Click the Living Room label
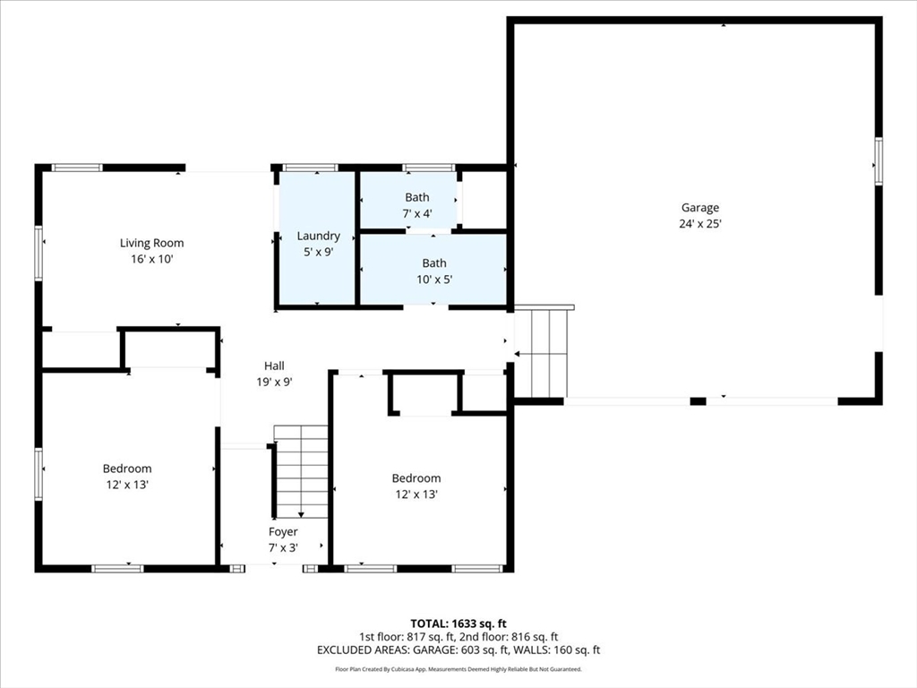(152, 243)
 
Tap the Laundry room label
(318, 236)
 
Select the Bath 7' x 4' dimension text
(417, 213)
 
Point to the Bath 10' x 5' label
(434, 263)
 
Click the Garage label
(700, 208)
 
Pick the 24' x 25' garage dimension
(700, 223)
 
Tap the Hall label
(274, 366)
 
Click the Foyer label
(283, 532)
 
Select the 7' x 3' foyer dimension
(283, 547)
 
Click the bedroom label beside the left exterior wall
(127, 469)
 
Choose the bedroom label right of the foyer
(416, 478)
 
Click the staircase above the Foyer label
(301, 471)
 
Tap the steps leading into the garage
(542, 353)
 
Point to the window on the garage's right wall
(878, 161)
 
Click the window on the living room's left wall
(39, 253)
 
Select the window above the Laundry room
(311, 168)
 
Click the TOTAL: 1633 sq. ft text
(458, 623)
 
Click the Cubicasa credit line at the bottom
(458, 669)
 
